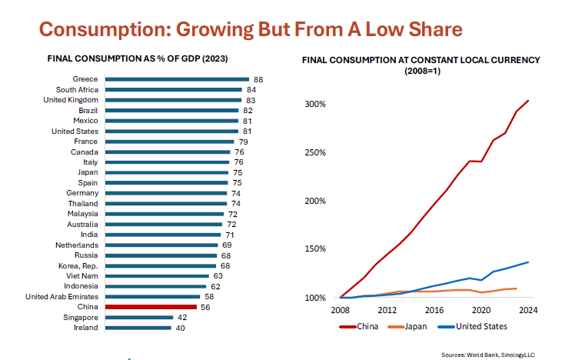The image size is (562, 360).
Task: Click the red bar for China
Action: (x=151, y=306)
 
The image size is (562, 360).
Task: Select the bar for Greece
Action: (x=177, y=79)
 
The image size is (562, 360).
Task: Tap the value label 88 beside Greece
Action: (x=258, y=79)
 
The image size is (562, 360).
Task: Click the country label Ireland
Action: (x=85, y=328)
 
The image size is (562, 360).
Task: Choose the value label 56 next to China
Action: (x=206, y=306)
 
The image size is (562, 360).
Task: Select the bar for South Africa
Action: (x=175, y=89)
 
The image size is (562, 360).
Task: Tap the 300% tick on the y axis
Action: (x=317, y=104)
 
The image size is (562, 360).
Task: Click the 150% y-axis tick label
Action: (x=317, y=249)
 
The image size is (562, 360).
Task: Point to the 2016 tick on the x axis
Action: (x=434, y=311)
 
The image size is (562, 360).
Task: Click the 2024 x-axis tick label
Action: (x=528, y=311)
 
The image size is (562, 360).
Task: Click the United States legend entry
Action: (x=480, y=326)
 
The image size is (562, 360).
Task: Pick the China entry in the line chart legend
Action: (x=367, y=326)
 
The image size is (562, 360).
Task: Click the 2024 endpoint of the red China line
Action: (x=528, y=101)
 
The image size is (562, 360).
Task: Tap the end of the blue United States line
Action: (x=528, y=262)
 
